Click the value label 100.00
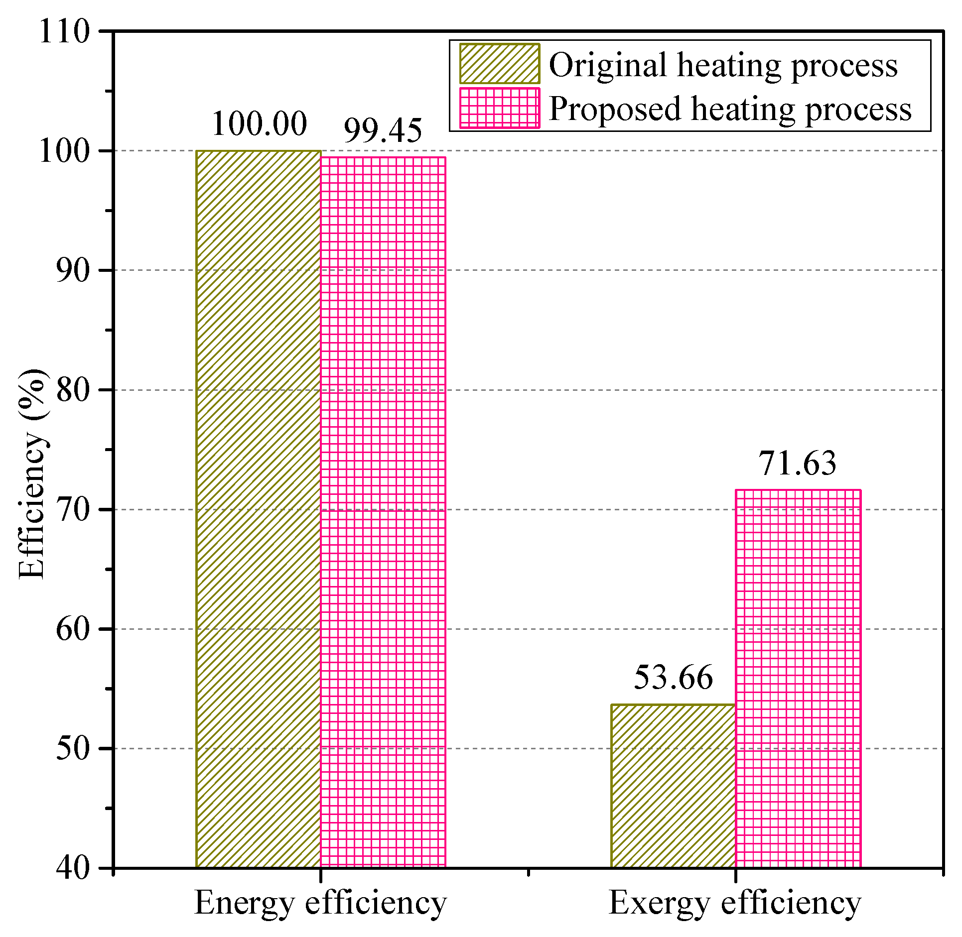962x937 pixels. coord(259,123)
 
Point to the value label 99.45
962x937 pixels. coord(383,130)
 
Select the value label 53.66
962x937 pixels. coord(673,677)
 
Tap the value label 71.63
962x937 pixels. coord(797,463)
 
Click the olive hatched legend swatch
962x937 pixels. coord(499,64)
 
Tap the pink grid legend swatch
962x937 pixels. coord(499,108)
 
